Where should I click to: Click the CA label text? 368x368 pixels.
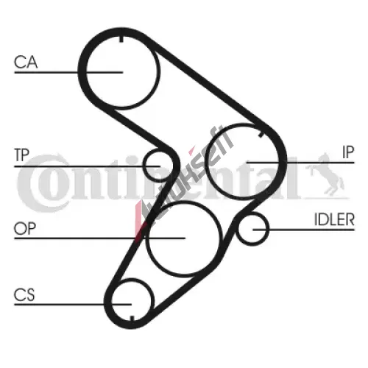(26, 62)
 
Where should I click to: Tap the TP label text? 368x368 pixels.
(22, 155)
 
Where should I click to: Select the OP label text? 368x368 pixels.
(25, 228)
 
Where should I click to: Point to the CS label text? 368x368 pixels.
(24, 294)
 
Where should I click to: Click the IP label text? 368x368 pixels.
(348, 152)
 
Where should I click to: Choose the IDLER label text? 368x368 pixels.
(334, 219)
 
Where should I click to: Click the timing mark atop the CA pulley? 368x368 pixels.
(121, 39)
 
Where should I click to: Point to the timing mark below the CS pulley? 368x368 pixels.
(132, 318)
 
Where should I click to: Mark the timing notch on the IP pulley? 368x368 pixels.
(261, 135)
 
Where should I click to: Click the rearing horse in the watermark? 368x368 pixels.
(325, 174)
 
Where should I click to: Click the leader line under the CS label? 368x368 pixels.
(73, 305)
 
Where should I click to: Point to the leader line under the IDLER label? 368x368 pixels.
(304, 230)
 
